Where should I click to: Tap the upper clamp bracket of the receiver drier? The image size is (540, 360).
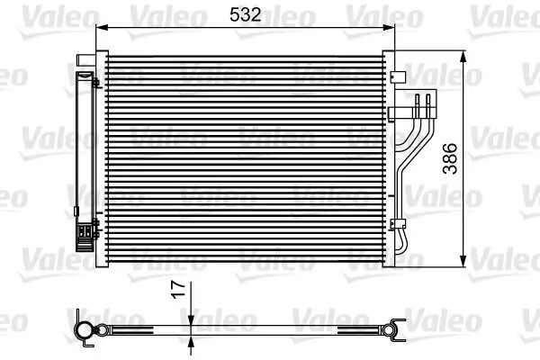point(93,82)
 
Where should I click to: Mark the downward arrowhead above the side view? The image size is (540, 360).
point(191,317)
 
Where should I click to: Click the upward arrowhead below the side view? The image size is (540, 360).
point(191,341)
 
